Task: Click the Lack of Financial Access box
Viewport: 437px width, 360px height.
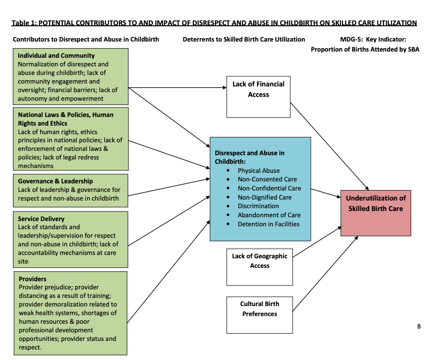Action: (258, 97)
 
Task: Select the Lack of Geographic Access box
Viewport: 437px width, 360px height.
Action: (259, 266)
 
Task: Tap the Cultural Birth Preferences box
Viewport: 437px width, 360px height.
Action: (259, 315)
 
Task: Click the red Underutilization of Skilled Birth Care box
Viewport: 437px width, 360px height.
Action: (375, 212)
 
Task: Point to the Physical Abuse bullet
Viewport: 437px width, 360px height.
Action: (258, 170)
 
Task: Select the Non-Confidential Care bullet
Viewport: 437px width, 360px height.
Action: (269, 188)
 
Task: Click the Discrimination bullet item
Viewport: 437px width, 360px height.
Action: (258, 206)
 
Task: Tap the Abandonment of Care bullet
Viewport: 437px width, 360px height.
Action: (269, 215)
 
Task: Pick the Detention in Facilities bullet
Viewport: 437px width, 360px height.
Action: (268, 224)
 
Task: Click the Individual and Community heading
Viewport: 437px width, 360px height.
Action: (56, 55)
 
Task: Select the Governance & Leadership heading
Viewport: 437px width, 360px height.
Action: (55, 181)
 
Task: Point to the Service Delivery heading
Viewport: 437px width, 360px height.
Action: (41, 219)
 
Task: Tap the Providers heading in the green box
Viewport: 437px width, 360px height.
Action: (32, 279)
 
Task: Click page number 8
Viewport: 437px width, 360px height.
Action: (419, 327)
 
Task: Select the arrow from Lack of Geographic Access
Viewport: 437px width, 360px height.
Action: (317, 243)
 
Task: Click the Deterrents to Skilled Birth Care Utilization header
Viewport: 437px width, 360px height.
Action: (244, 39)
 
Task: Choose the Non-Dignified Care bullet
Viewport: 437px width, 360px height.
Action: (265, 197)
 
